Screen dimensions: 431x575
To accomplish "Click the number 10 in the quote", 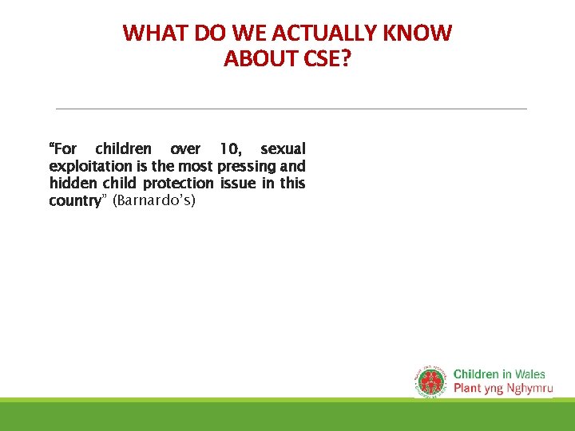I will coord(230,149).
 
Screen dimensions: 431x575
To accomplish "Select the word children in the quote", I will coord(123,149).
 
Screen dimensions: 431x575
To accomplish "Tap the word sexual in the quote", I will coord(283,149).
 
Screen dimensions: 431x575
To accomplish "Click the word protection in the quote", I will coord(178,184).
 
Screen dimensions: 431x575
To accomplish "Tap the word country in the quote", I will coord(73,201).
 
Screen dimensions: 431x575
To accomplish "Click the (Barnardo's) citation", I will coord(154,201).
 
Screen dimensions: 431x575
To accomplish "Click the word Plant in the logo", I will coord(467,389).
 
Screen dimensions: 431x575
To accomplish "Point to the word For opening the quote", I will coord(64,149).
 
